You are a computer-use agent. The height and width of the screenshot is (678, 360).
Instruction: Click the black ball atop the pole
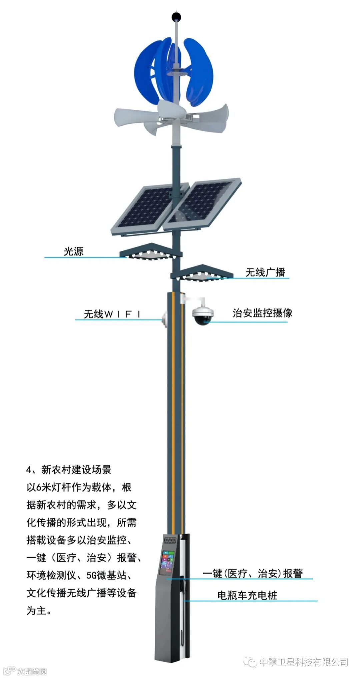pos(175,16)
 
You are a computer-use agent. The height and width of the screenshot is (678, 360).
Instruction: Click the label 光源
pos(73,251)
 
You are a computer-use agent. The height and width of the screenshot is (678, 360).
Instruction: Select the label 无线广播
pos(265,272)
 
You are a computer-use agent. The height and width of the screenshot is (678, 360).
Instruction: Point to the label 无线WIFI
pos(112,314)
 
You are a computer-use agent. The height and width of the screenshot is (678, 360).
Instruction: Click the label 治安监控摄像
pos(262,313)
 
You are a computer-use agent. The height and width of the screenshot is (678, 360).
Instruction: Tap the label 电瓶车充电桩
pos(247,595)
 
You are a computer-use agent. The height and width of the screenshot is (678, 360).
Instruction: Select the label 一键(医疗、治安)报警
pos(253,573)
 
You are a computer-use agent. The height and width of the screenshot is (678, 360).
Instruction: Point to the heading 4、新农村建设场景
pos(68,470)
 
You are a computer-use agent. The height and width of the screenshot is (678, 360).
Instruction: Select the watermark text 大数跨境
pos(32,671)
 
